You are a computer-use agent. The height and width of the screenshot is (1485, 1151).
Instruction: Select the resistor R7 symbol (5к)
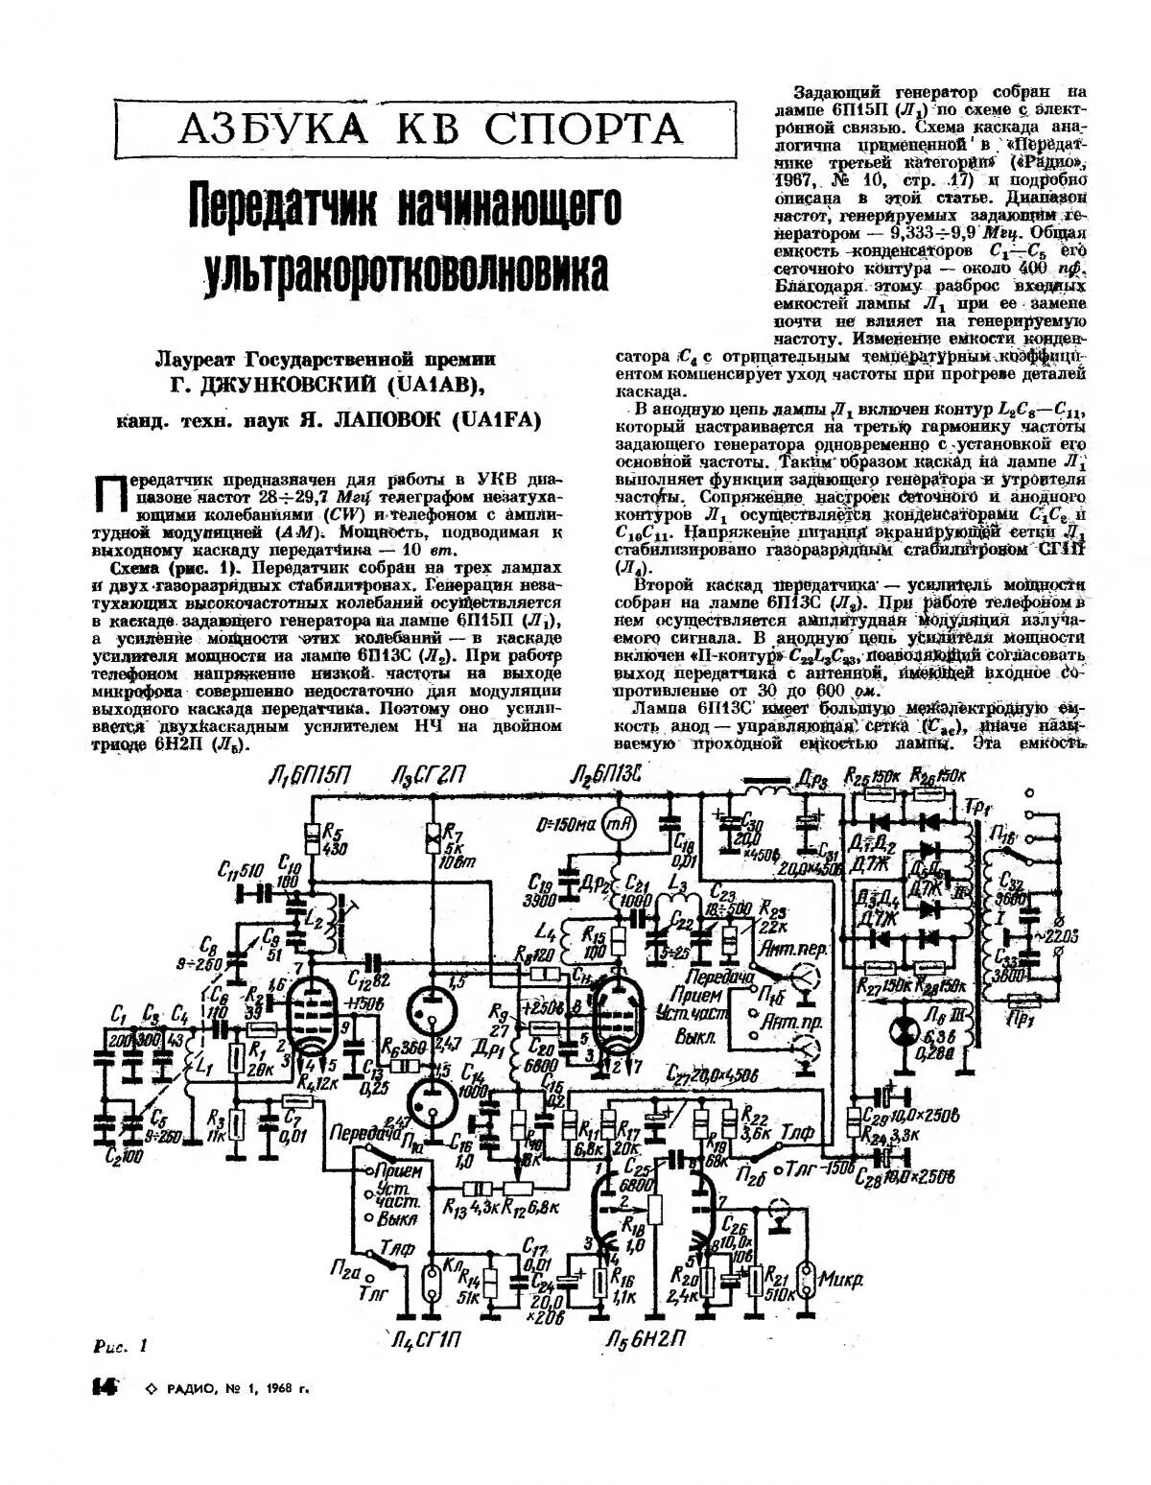tap(434, 837)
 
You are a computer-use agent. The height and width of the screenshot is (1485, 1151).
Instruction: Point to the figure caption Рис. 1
tap(121, 1346)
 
